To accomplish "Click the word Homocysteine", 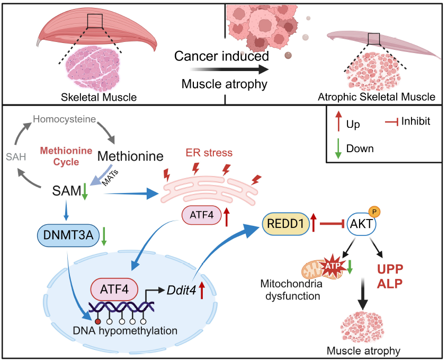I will click(x=64, y=118).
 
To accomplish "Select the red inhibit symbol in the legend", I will click(x=391, y=122).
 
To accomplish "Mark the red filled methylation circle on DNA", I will click(x=98, y=321).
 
